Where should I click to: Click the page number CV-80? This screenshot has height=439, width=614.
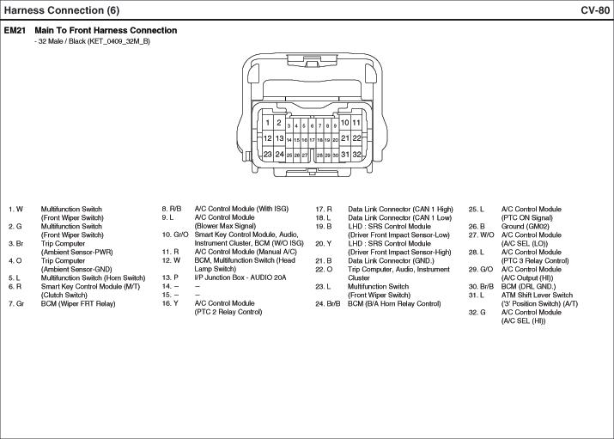click(x=595, y=10)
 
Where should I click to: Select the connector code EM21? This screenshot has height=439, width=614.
click(x=15, y=31)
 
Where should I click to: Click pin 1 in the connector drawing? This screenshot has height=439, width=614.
click(x=268, y=123)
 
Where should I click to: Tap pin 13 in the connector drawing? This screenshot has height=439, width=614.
click(x=279, y=138)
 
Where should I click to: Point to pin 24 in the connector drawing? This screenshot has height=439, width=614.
click(x=279, y=155)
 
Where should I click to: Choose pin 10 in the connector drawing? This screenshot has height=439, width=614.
click(x=344, y=123)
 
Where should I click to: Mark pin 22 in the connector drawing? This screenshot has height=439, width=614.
click(x=356, y=138)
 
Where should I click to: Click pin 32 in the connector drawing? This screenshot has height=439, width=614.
click(x=356, y=155)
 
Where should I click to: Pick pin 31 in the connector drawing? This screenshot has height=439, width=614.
click(x=344, y=155)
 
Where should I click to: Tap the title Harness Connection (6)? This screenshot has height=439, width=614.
click(x=62, y=10)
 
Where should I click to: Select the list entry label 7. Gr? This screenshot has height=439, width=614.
click(x=16, y=304)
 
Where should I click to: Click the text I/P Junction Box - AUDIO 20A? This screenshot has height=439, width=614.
click(x=240, y=277)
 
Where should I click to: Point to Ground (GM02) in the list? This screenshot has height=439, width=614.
click(x=525, y=226)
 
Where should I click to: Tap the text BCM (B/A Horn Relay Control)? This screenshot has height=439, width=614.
click(x=394, y=304)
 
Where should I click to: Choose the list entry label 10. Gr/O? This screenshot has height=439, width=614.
click(x=175, y=235)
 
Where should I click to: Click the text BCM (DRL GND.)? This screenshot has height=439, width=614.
click(x=528, y=287)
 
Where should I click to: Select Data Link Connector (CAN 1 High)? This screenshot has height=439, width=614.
click(x=400, y=209)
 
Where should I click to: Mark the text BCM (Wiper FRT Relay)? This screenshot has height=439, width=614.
click(x=78, y=304)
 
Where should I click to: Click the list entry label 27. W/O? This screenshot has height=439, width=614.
click(x=481, y=235)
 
